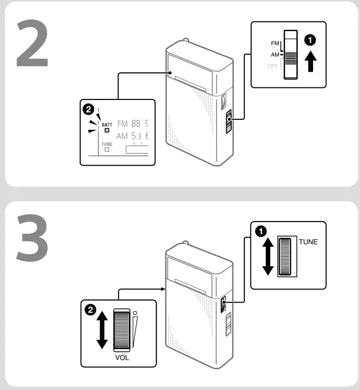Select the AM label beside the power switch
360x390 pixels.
(274, 55)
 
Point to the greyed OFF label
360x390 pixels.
(273, 66)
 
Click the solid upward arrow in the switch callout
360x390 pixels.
(311, 60)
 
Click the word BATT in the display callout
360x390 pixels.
(107, 125)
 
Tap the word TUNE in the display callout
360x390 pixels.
(107, 144)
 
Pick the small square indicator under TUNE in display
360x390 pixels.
(107, 149)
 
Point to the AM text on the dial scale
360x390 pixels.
(122, 136)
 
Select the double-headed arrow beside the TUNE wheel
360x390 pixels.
(268, 256)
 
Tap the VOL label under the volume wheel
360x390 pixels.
(122, 357)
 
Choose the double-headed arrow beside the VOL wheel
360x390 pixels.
(102, 330)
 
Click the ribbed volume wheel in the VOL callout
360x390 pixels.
(121, 330)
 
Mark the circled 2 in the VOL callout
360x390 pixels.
(89, 309)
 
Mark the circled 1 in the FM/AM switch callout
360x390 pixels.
(311, 39)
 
